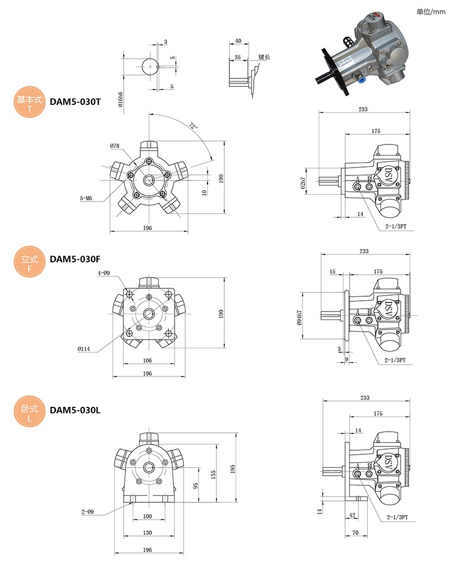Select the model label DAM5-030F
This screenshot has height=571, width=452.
[75, 260]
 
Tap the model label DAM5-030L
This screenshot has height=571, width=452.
[75, 410]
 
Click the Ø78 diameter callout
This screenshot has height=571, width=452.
[115, 146]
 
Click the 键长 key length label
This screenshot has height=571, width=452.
[264, 57]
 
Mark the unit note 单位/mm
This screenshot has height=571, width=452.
[431, 11]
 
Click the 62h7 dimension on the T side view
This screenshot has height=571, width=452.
[303, 182]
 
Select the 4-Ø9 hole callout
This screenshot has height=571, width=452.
[104, 273]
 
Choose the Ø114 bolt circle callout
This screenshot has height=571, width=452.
[85, 349]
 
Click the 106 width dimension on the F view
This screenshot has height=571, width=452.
[147, 361]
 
